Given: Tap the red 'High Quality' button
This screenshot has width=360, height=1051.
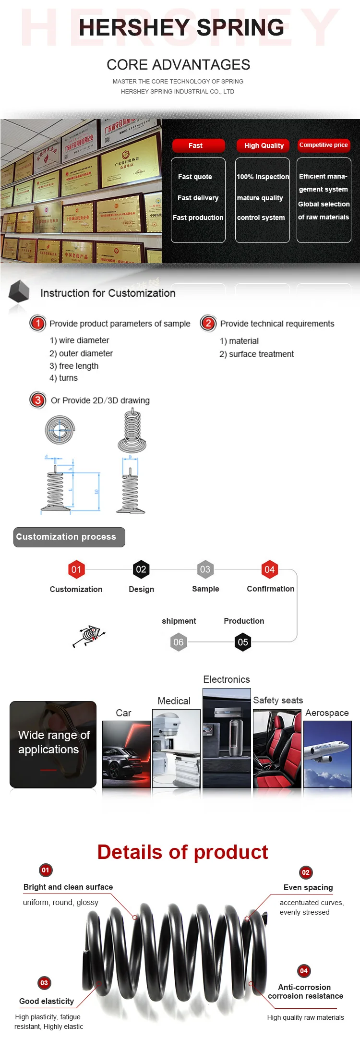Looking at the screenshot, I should click(263, 145).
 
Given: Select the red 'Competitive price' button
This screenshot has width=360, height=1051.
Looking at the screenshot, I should click(324, 145).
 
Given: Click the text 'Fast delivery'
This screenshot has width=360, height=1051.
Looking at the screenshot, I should click(198, 198).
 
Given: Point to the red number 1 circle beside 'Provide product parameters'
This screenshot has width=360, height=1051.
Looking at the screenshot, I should click(37, 323).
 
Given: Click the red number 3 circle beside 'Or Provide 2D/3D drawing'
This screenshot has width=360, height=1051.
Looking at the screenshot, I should click(37, 400).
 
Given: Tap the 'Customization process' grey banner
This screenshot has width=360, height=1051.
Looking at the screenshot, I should click(69, 537).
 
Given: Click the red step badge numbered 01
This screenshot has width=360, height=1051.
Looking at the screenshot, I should click(76, 569).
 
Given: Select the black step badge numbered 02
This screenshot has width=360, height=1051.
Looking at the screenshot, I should click(141, 569).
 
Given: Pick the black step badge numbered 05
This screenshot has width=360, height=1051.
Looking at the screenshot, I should click(243, 642).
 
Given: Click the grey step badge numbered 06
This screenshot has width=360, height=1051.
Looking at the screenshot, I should click(179, 642).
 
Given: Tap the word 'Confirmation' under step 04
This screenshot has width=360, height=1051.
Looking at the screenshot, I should click(270, 589).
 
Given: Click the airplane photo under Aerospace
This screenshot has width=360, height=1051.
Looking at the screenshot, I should click(327, 754).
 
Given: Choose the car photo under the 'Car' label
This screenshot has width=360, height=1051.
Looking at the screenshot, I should click(126, 754).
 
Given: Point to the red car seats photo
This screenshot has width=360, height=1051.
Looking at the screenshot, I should click(277, 749).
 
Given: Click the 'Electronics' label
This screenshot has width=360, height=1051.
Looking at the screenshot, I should click(226, 679).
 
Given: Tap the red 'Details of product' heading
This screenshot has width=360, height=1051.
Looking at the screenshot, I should click(182, 852).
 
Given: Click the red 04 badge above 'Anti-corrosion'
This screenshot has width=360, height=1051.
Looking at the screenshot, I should click(304, 971).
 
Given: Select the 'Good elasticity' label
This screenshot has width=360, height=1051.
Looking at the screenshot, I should click(47, 1001).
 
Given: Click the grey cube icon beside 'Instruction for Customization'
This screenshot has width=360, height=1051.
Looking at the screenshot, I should click(19, 291).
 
